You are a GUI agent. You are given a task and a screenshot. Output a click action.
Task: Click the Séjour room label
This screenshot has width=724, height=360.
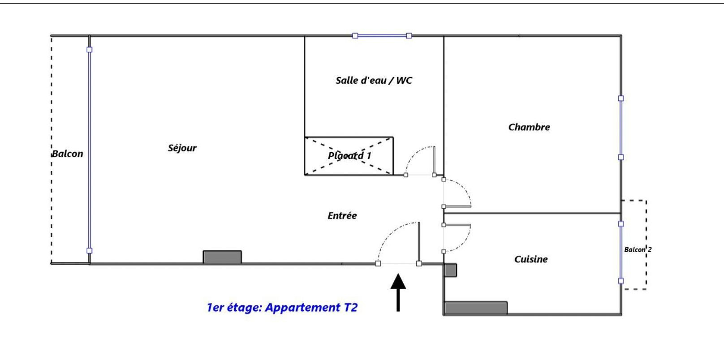coord(182,148)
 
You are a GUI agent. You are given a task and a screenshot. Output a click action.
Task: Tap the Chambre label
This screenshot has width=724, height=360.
coord(529,127)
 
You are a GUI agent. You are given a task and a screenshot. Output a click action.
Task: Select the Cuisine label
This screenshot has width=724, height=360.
coord(531,259)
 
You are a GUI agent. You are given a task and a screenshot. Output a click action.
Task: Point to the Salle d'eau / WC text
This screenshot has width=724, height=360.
coord(374,81)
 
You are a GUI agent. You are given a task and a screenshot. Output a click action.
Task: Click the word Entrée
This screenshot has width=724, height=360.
coord(342,216)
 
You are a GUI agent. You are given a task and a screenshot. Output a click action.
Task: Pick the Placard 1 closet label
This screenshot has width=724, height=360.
coord(349,156)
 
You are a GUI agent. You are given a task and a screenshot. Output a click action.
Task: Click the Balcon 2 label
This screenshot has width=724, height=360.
coord(638,249)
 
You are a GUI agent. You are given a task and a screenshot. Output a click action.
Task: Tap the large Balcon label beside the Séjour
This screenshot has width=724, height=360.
coord(68,154)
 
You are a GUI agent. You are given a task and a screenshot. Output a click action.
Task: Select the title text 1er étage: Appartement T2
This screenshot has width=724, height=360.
coord(282,308)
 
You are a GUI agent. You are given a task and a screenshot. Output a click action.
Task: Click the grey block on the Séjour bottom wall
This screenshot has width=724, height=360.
coord(222,257)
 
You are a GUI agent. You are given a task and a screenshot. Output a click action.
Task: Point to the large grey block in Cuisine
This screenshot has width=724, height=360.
coord(476,308)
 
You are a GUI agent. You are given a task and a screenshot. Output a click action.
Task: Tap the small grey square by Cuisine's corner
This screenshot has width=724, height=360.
coord(450,270)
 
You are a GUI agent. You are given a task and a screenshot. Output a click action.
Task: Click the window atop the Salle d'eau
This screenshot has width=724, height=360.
coord(382,36)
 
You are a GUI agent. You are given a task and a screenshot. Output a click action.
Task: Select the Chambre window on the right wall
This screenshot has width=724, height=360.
coord(621,128)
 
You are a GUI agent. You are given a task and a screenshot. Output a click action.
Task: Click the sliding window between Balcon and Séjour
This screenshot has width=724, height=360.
coord(89,150)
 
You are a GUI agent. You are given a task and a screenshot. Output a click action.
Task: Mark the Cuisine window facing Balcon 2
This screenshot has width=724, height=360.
coord(621,252)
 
